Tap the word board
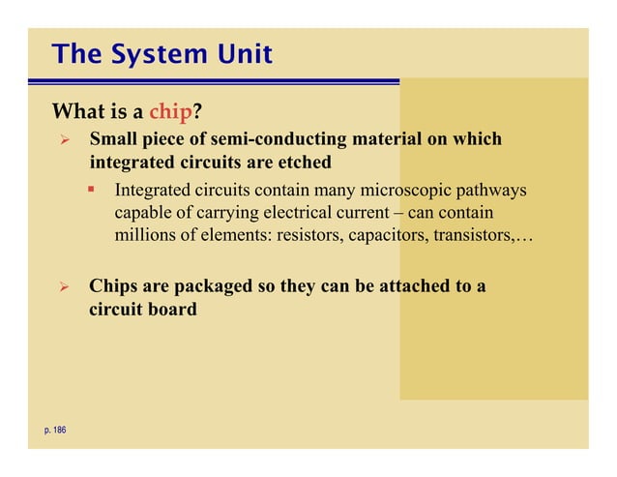pyautogui.click(x=171, y=312)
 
